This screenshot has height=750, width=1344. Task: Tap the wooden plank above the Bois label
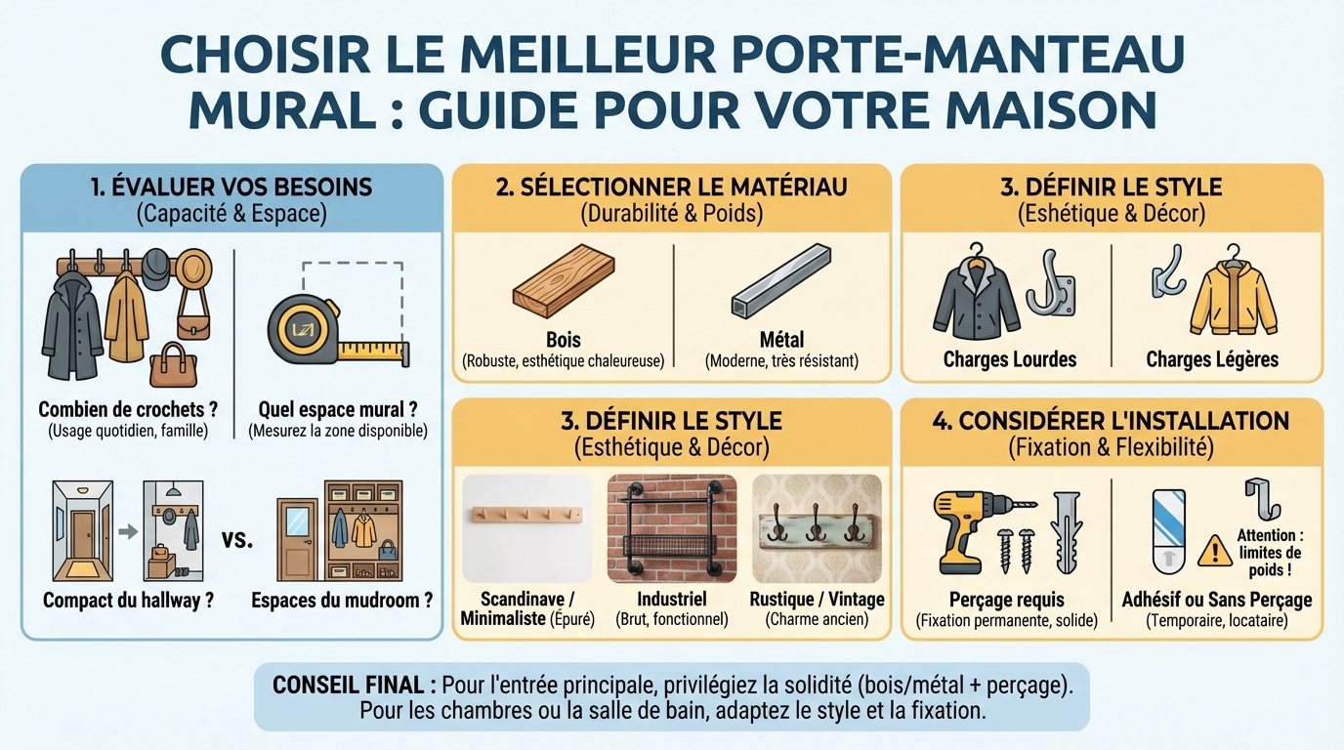(x=564, y=283)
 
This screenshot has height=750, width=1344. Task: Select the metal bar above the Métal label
(x=781, y=284)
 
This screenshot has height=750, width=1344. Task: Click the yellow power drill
(x=967, y=527)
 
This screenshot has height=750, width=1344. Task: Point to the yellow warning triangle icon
(x=1214, y=551)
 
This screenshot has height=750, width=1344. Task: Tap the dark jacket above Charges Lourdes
(x=971, y=298)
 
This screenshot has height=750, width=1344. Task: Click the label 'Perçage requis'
(x=1007, y=599)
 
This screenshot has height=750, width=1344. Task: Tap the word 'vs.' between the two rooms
(x=237, y=539)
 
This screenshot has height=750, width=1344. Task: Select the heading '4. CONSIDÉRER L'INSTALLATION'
(x=1111, y=421)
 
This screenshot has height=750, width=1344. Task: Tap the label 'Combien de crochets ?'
(x=128, y=409)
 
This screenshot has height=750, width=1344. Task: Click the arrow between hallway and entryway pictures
(x=126, y=532)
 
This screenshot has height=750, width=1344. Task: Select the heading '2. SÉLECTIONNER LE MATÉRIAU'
(x=671, y=187)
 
